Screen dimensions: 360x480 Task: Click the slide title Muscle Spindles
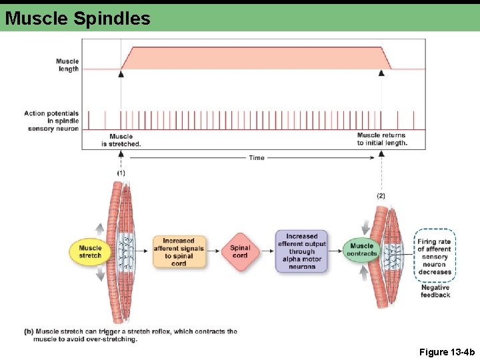(77, 18)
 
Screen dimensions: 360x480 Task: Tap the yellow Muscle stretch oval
(90, 251)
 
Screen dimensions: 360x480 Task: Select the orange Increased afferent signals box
(179, 251)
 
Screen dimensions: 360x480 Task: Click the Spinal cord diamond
(240, 251)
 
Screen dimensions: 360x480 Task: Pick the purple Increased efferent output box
(302, 251)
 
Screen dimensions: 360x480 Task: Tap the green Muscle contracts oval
(362, 250)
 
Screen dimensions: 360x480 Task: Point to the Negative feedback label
(435, 291)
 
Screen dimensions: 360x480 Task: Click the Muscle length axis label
(67, 65)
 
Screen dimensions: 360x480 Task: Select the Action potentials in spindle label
(53, 121)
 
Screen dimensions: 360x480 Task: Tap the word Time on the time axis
(257, 158)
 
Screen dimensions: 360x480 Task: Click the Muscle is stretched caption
(121, 140)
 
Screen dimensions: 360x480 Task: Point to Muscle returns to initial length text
(381, 139)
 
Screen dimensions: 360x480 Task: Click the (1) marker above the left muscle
(121, 173)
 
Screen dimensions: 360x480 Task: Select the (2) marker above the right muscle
(381, 196)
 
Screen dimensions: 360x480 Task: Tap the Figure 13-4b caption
(447, 351)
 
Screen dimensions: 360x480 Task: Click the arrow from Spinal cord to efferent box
(267, 251)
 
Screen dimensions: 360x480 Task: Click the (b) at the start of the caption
(29, 331)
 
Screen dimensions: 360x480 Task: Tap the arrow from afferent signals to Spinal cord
(213, 251)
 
